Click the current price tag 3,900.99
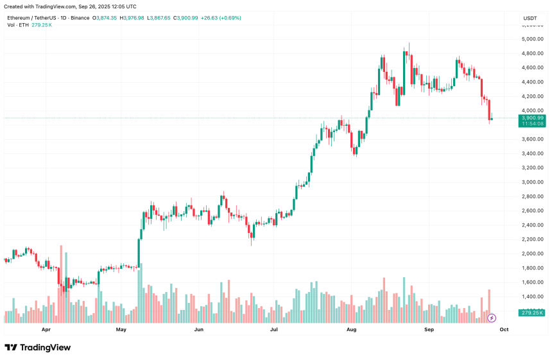[533, 118]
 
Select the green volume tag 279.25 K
[533, 313]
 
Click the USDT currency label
[531, 18]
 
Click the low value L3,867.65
[159, 18]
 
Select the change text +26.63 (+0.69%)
[220, 18]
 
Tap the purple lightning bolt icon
[492, 317]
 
